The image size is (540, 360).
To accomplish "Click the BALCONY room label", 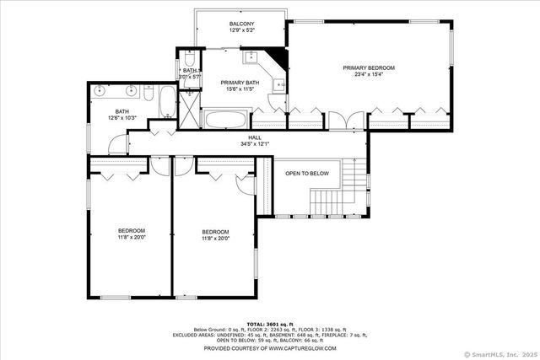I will pyautogui.click(x=242, y=23).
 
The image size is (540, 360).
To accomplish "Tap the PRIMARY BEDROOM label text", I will pyautogui.click(x=368, y=67).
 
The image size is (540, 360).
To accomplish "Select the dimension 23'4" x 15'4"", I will pyautogui.click(x=368, y=74).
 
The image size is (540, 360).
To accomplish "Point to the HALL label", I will pyautogui.click(x=254, y=137).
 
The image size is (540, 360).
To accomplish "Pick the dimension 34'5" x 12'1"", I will pyautogui.click(x=254, y=143).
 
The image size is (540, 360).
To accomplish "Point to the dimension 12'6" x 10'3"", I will pyautogui.click(x=122, y=118).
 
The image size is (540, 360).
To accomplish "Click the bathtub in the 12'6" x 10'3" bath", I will pyautogui.click(x=166, y=102).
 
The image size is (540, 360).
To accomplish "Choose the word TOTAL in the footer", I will pyautogui.click(x=256, y=323).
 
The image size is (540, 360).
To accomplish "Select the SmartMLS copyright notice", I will pyautogui.click(x=499, y=353).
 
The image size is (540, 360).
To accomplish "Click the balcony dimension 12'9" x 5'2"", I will pyautogui.click(x=242, y=30).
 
